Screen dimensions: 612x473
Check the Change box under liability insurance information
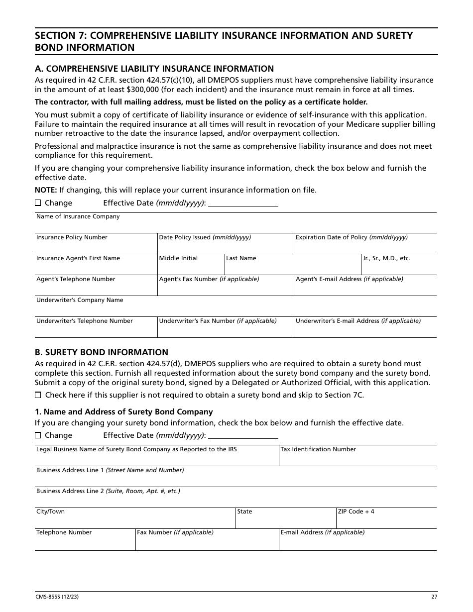[38, 203]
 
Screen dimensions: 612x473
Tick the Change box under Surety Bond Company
[38, 435]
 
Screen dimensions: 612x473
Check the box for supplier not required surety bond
[38, 395]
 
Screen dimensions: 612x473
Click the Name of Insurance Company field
[235, 225]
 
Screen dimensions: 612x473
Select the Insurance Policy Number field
[96, 246]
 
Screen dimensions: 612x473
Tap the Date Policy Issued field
[225, 246]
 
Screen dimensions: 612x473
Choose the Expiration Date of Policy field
[364, 246]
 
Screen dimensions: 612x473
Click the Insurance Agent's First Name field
[96, 267]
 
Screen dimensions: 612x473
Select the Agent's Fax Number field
[225, 288]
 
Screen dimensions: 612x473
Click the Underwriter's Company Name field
[235, 308]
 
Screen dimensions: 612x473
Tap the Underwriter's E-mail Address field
[364, 329]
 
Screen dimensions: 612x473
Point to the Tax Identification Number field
[357, 458]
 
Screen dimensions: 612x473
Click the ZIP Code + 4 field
[386, 520]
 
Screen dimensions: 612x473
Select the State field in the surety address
[285, 520]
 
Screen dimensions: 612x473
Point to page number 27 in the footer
[434, 597]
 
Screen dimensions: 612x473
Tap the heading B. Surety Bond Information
[102, 352]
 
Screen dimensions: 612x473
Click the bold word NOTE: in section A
[45, 190]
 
